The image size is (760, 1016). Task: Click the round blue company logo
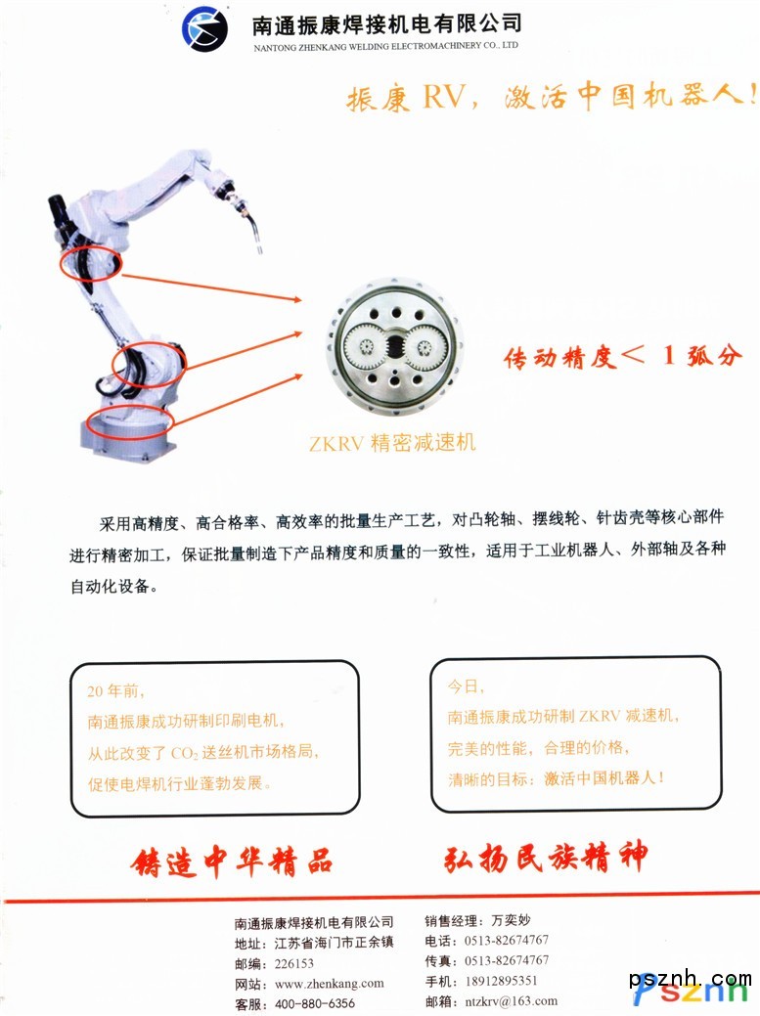click(204, 28)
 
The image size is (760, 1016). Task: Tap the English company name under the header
click(385, 46)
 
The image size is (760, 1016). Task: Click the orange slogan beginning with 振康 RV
click(552, 97)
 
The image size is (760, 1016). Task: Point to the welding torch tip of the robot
click(260, 248)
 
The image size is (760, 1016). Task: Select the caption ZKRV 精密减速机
click(392, 443)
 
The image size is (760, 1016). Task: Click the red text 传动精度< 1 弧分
click(622, 356)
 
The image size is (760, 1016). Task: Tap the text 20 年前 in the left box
click(115, 691)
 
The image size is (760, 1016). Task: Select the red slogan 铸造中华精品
click(231, 862)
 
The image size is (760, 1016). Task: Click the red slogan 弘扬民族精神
click(545, 858)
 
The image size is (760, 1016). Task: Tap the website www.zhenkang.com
click(330, 984)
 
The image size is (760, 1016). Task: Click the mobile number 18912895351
click(501, 981)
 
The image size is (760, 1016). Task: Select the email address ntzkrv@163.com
click(512, 1001)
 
